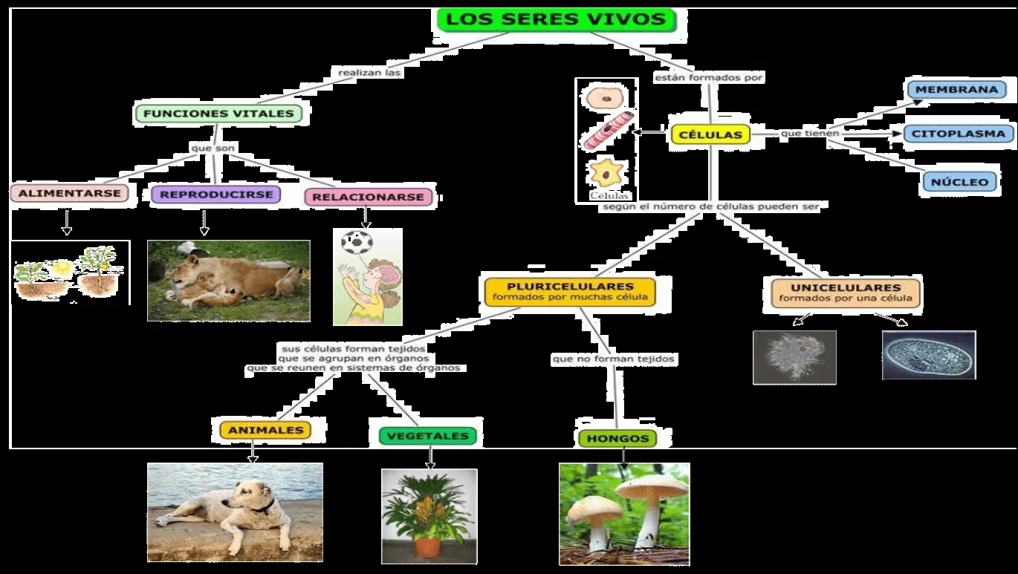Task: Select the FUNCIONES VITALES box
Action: point(219,114)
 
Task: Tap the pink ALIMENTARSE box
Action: point(68,194)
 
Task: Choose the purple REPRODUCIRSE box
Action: point(216,195)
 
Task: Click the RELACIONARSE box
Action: point(368,197)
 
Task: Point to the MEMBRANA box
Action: point(956,90)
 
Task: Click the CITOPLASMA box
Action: point(958,134)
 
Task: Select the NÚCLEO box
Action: point(960,182)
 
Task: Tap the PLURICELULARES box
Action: point(570,291)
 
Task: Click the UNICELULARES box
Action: point(846,293)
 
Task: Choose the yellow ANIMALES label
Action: point(255,430)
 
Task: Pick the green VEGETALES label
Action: point(427,436)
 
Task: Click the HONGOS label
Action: point(617,438)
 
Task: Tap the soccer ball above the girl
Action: point(357,243)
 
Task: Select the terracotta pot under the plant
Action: point(428,547)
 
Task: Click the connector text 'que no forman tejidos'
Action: point(614,359)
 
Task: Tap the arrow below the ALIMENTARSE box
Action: point(67,222)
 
